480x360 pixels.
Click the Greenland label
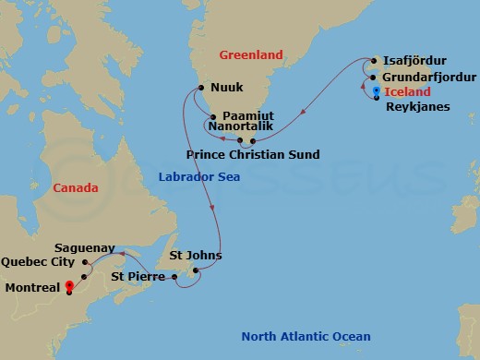click(251, 55)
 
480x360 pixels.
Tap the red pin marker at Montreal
click(69, 287)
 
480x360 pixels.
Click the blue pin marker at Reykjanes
click(377, 90)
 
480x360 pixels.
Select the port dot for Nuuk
click(199, 89)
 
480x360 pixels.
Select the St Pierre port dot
click(174, 276)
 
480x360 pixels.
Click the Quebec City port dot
click(85, 276)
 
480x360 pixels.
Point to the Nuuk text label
click(227, 89)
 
